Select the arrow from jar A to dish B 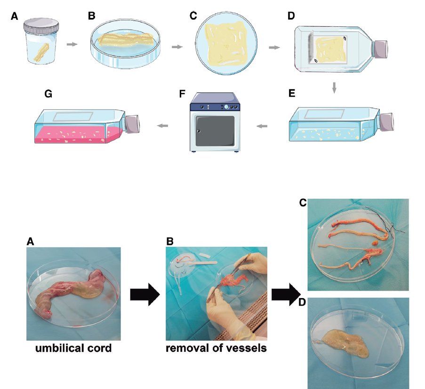pos(72,44)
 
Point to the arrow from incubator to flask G pos(163,125)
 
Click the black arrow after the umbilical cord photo pos(144,294)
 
